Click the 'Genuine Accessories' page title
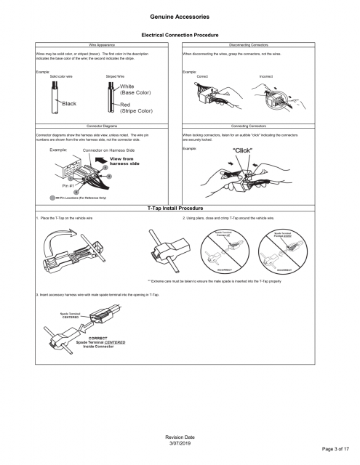[x=180, y=15]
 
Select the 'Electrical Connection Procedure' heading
[x=180, y=35]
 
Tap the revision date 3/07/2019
[x=180, y=440]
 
